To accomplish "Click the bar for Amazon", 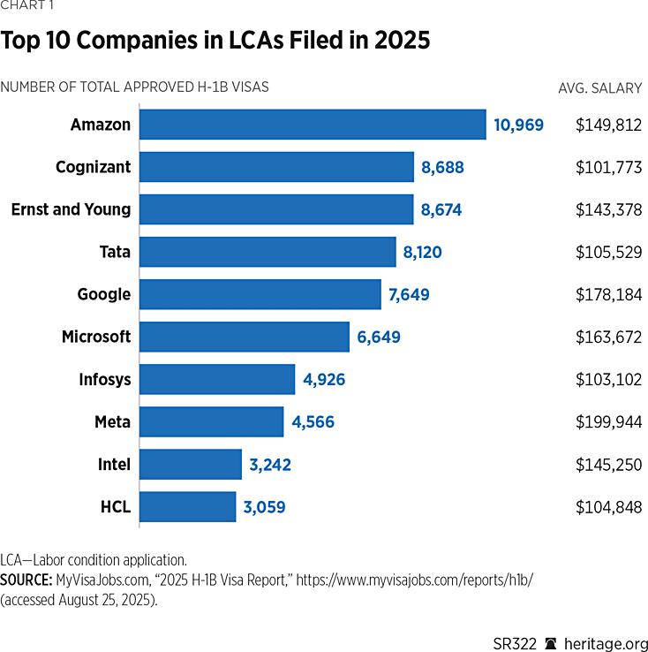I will click(x=313, y=125).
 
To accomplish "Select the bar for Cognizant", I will click(x=276, y=167).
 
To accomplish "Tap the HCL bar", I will click(x=187, y=507).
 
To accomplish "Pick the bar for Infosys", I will click(x=217, y=380).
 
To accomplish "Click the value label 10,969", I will click(x=518, y=125).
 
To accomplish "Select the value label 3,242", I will click(x=269, y=465).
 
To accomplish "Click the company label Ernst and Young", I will click(x=71, y=209).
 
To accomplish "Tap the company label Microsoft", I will click(x=96, y=337).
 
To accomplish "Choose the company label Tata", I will click(x=115, y=252).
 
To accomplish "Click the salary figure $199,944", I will click(x=608, y=422).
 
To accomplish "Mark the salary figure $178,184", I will click(x=608, y=295).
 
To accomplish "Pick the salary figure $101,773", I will click(x=608, y=167).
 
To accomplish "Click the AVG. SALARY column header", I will click(x=599, y=87).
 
